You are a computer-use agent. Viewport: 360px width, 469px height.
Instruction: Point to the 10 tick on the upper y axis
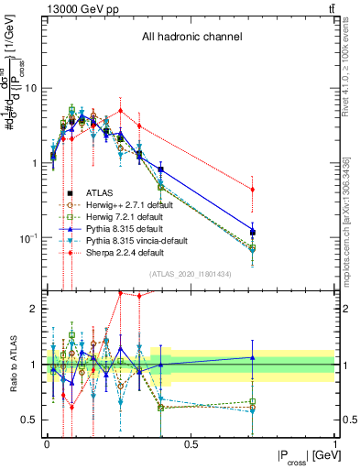(31, 89)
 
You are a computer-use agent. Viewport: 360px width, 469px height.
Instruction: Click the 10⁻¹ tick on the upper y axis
(27, 237)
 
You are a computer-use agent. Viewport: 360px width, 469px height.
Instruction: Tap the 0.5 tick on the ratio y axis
(30, 420)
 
